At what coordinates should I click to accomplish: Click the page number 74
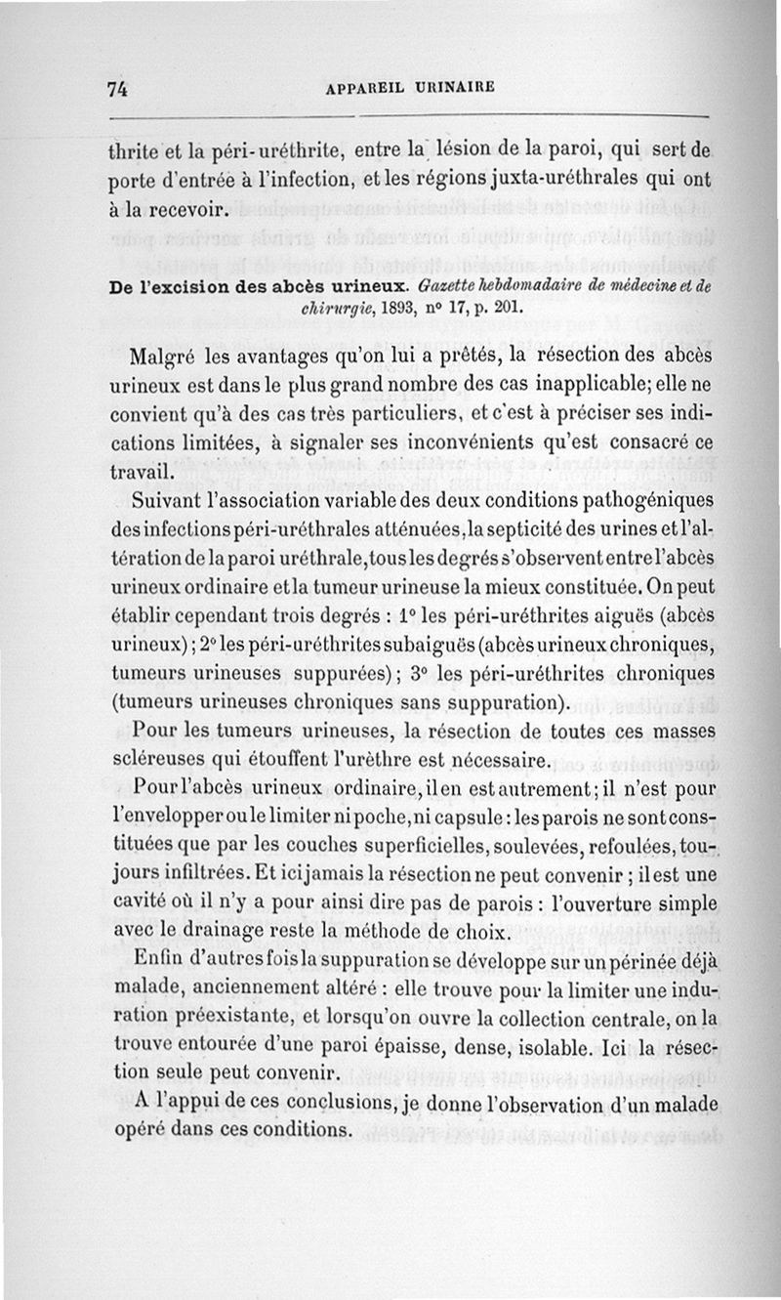coord(119,88)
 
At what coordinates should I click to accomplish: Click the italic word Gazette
coord(447,285)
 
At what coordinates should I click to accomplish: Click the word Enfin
coord(160,958)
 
